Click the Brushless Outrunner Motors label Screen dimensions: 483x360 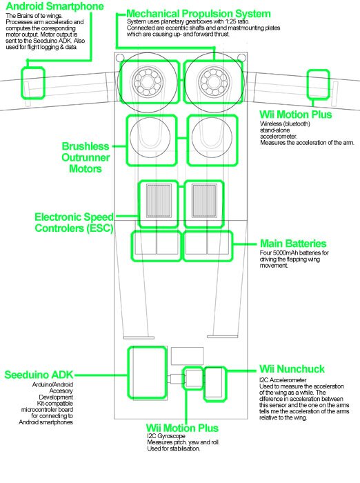coord(86,157)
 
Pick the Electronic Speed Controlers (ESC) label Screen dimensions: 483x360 coord(74,222)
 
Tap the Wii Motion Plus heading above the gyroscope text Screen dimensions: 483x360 coord(183,428)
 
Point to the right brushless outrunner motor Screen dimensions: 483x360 coord(210,140)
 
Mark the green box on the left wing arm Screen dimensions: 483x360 coord(33,83)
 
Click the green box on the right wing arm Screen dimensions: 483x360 coord(317,82)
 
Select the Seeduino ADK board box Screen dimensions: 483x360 coord(147,376)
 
